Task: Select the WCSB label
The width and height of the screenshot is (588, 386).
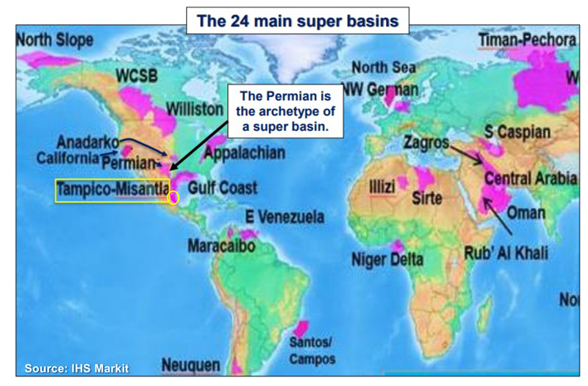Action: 137,75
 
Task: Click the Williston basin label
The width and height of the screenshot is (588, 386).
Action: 194,109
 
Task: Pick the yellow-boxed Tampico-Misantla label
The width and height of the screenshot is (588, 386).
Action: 112,190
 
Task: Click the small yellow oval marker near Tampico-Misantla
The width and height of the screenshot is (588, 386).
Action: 174,197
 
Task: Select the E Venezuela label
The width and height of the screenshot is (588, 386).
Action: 284,217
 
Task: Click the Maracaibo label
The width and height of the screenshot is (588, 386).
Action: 220,245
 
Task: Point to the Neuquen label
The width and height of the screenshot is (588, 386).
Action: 190,364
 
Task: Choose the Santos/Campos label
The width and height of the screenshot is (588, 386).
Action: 311,351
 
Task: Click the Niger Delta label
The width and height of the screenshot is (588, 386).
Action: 387,259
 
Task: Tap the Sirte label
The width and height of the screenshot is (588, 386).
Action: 426,197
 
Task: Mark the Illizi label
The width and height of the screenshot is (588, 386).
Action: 381,184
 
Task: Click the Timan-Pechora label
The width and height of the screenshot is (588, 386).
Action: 526,40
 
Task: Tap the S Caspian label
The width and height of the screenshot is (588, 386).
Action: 517,132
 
